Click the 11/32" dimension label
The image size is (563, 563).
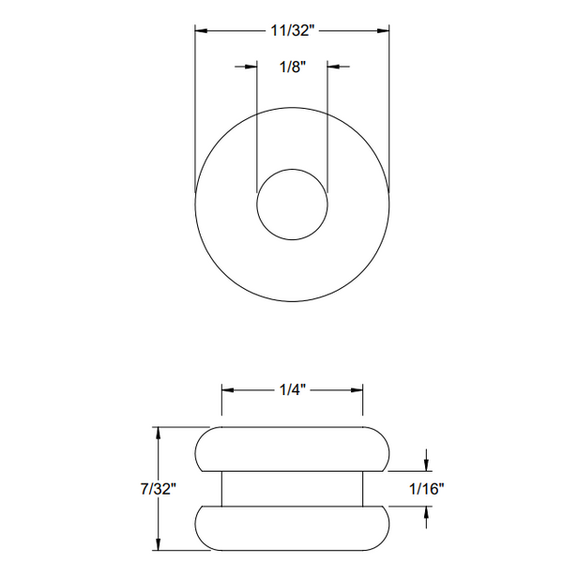coord(292,31)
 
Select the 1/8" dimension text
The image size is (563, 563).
coord(292,67)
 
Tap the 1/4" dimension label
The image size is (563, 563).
coord(292,388)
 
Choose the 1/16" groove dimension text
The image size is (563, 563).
coord(427,489)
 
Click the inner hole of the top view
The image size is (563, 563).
coord(292,205)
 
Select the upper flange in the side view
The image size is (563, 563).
coord(292,449)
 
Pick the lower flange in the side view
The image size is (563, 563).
coord(292,529)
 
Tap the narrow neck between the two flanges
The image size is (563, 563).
coord(292,489)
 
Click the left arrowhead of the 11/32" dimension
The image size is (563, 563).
coord(202,31)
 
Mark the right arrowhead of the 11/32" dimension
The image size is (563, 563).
coord(383,31)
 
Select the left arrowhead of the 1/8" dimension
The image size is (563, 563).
coord(251,67)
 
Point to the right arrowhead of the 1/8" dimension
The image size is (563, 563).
coord(333,67)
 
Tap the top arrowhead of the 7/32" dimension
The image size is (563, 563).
coord(159,434)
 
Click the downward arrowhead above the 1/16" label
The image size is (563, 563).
coord(427,464)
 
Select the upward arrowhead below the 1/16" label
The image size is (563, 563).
coord(427,513)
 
